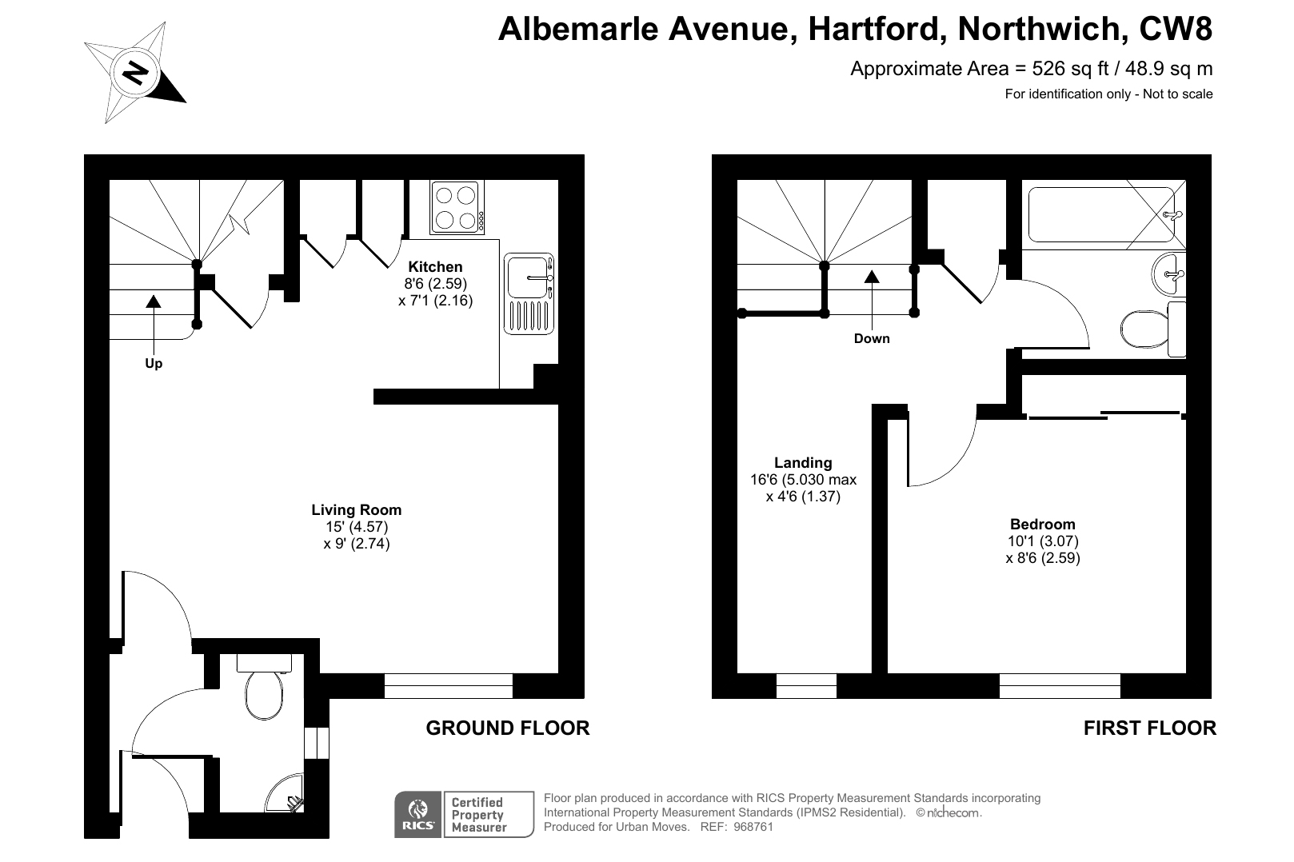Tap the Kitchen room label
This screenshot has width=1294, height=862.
pyautogui.click(x=436, y=267)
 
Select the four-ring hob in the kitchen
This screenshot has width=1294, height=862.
pyautogui.click(x=457, y=207)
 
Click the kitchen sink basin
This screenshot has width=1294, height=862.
pyautogui.click(x=526, y=277)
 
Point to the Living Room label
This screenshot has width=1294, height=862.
pyautogui.click(x=357, y=510)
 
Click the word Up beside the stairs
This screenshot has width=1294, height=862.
pyautogui.click(x=154, y=363)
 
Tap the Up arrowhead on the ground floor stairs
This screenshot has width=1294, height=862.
pyautogui.click(x=154, y=301)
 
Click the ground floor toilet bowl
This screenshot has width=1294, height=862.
pyautogui.click(x=264, y=694)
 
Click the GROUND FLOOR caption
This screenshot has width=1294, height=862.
pyautogui.click(x=508, y=728)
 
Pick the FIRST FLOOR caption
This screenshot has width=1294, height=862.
pyautogui.click(x=1149, y=728)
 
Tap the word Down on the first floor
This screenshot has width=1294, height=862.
pyautogui.click(x=872, y=338)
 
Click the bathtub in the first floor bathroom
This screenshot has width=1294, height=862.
pyautogui.click(x=1101, y=214)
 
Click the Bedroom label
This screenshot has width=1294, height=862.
pyautogui.click(x=1043, y=525)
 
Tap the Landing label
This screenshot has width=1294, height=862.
pyautogui.click(x=803, y=463)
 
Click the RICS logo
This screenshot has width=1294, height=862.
pyautogui.click(x=417, y=815)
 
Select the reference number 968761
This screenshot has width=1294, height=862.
pyautogui.click(x=753, y=827)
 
